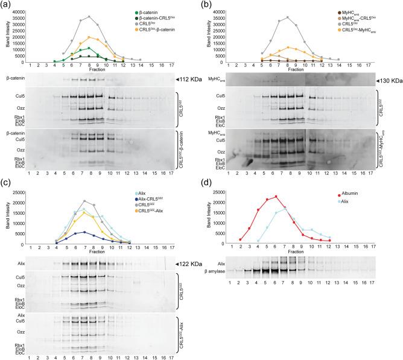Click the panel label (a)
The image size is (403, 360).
(x=7, y=5)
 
